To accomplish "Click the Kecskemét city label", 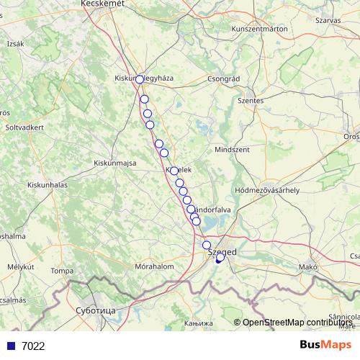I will tap(103, 4).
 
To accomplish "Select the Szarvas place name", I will tap(328, 20).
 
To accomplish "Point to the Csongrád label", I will tap(222, 78).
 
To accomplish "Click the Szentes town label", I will tap(251, 101).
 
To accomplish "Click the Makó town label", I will tap(308, 267).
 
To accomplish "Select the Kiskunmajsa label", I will tap(115, 163).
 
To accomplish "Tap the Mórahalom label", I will tap(156, 266).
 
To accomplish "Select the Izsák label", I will tap(15, 43).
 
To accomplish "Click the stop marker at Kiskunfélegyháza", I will tap(140, 79).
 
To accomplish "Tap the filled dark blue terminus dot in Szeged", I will tap(218, 260).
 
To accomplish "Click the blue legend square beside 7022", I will tap(11, 346).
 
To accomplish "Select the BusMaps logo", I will tap(325, 345).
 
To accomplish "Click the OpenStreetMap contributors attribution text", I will tap(298, 322).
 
